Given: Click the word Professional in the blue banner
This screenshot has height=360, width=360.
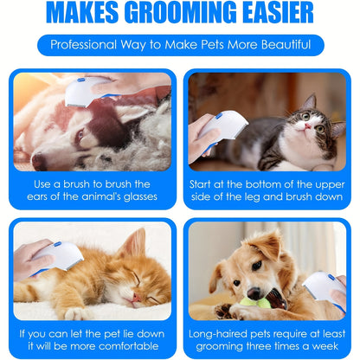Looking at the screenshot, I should click(86, 45).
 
